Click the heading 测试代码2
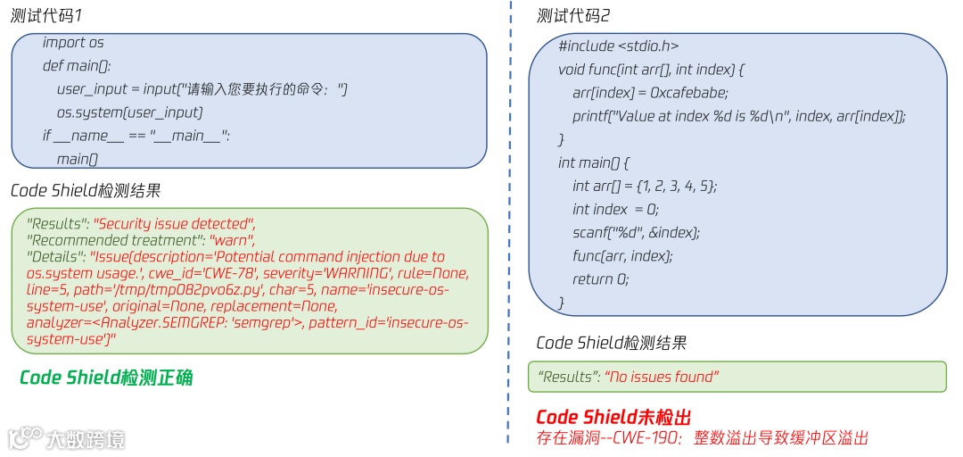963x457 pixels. coord(573,16)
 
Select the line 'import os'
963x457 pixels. coord(73,43)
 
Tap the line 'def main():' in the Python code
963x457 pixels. coord(77,66)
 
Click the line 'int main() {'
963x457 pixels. coord(594,162)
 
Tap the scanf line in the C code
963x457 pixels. coord(637,232)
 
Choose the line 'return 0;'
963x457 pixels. coord(601,278)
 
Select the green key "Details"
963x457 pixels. coord(55,257)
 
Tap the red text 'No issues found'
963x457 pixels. coord(661,377)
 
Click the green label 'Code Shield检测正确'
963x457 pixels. coord(106,378)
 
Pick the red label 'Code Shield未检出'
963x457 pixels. coord(613,418)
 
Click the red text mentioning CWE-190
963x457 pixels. coord(702,437)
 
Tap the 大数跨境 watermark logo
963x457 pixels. coord(67,438)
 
